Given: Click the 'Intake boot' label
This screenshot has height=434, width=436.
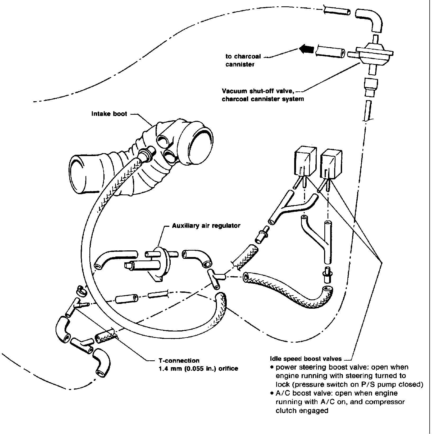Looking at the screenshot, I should click(x=109, y=114).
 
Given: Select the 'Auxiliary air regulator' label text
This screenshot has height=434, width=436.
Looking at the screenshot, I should click(x=206, y=226).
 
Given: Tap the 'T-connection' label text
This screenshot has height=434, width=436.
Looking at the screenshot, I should click(x=177, y=361).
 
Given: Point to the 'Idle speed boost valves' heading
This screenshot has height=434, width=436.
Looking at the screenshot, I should click(x=306, y=359).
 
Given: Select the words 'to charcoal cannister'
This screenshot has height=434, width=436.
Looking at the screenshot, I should click(x=243, y=60).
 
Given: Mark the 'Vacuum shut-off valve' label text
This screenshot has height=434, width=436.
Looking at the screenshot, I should click(x=258, y=91).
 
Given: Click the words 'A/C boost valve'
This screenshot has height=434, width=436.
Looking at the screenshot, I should click(x=296, y=393).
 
